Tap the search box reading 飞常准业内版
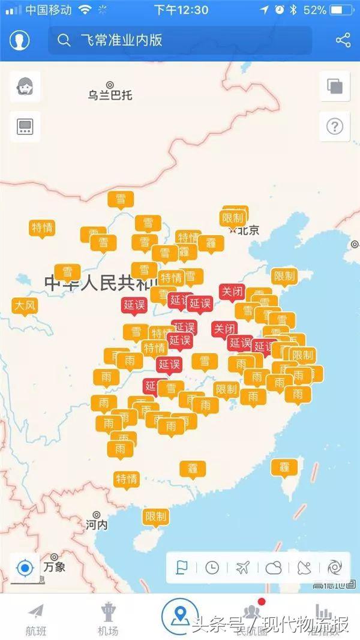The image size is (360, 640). coord(180,40)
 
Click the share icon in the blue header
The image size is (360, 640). coord(343,40)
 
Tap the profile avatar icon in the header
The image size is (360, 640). coord(20,40)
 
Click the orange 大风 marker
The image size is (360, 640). coord(25,306)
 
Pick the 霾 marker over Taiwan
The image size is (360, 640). coord(284,467)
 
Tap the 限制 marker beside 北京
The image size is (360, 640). coord(233,218)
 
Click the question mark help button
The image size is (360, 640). coord(334,127)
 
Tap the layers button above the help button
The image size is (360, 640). coord(334,86)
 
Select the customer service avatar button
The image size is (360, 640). coord(25,86)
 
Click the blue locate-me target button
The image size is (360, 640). coord(25,567)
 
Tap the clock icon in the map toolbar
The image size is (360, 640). coord(212,567)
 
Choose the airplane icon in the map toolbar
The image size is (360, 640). coord(242,567)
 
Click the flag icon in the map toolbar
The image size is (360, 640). coord(182,567)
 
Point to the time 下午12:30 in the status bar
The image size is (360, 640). coord(181,10)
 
